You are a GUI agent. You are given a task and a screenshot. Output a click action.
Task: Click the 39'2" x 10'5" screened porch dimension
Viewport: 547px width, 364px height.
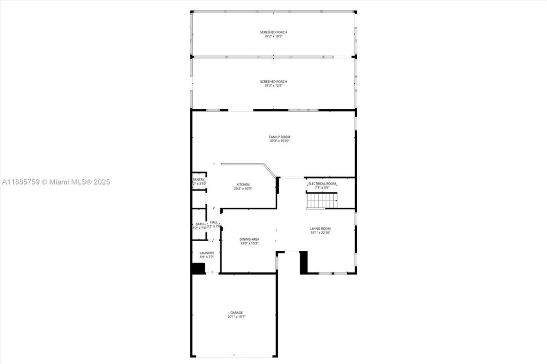(x=273, y=36)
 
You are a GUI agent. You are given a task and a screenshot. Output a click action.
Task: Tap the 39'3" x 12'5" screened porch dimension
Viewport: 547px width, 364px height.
(x=273, y=86)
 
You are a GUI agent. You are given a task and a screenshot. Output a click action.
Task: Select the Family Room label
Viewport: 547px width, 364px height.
(x=280, y=136)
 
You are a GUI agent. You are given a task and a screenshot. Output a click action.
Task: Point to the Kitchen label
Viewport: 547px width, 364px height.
(x=243, y=184)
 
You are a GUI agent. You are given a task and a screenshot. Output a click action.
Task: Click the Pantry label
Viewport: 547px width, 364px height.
(x=198, y=179)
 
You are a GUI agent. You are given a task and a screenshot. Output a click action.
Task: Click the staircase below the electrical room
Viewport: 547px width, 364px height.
(x=322, y=202)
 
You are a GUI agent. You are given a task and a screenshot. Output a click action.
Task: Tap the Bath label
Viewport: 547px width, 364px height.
(x=199, y=224)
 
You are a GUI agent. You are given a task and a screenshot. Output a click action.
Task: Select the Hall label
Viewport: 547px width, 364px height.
(x=214, y=222)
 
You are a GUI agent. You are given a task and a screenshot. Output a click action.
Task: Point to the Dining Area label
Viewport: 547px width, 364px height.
(x=249, y=239)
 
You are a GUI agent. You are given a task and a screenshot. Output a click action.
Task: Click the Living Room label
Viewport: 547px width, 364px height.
(x=320, y=229)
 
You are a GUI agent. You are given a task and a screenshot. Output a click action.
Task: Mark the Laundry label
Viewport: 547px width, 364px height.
(x=206, y=253)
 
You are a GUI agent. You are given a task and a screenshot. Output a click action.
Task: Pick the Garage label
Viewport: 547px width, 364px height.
(x=237, y=312)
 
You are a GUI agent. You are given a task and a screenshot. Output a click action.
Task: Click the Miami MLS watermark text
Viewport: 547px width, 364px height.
(x=56, y=182)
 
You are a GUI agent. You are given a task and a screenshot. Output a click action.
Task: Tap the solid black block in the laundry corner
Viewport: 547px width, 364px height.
(x=198, y=268)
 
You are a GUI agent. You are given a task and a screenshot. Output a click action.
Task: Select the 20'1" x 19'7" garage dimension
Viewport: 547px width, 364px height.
(x=237, y=317)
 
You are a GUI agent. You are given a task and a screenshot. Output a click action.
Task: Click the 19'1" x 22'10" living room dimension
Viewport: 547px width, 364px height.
(x=320, y=233)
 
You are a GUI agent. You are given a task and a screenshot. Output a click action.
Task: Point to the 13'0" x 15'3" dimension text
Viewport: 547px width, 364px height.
(x=249, y=243)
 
